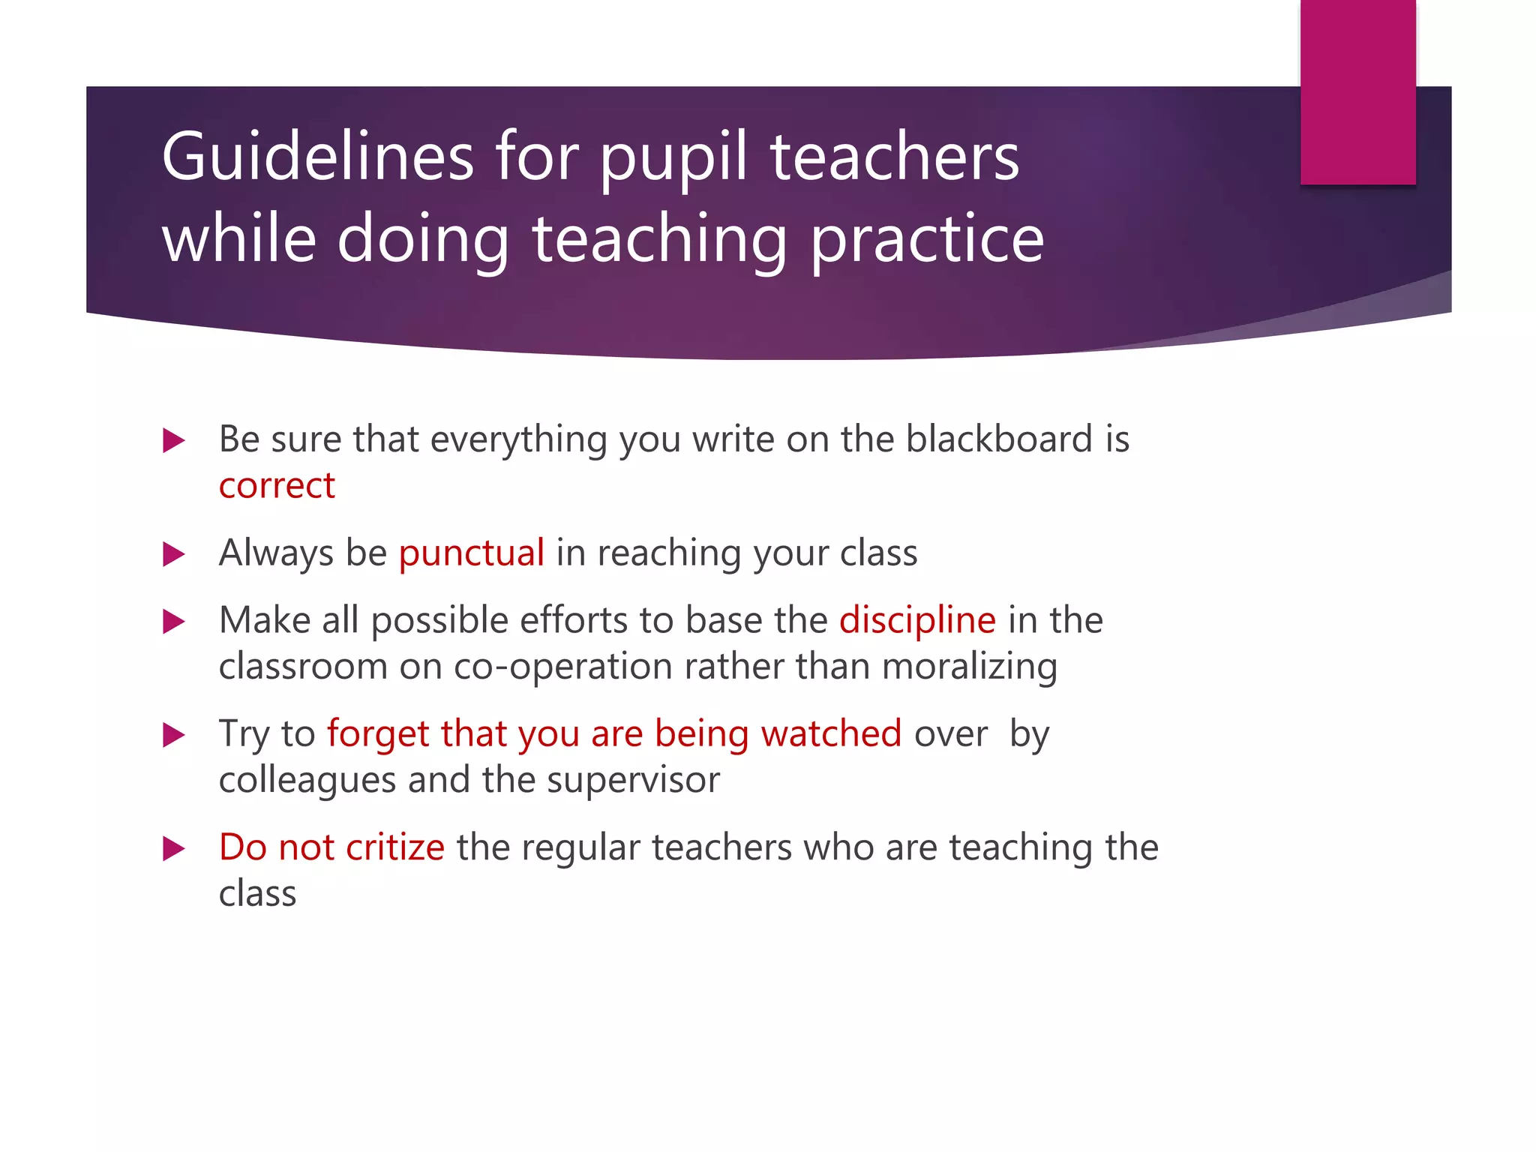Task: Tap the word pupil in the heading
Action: pos(673,159)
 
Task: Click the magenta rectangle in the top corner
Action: pos(1357,91)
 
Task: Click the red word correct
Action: pos(277,486)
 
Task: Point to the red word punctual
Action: pos(471,553)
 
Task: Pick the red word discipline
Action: pos(917,621)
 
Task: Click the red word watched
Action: pos(831,733)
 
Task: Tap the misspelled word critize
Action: pos(394,847)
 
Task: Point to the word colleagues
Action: pos(307,781)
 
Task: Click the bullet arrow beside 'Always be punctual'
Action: pos(174,554)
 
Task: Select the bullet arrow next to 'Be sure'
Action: pos(174,440)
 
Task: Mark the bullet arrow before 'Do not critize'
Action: pos(174,848)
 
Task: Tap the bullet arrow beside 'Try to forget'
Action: pos(174,734)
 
